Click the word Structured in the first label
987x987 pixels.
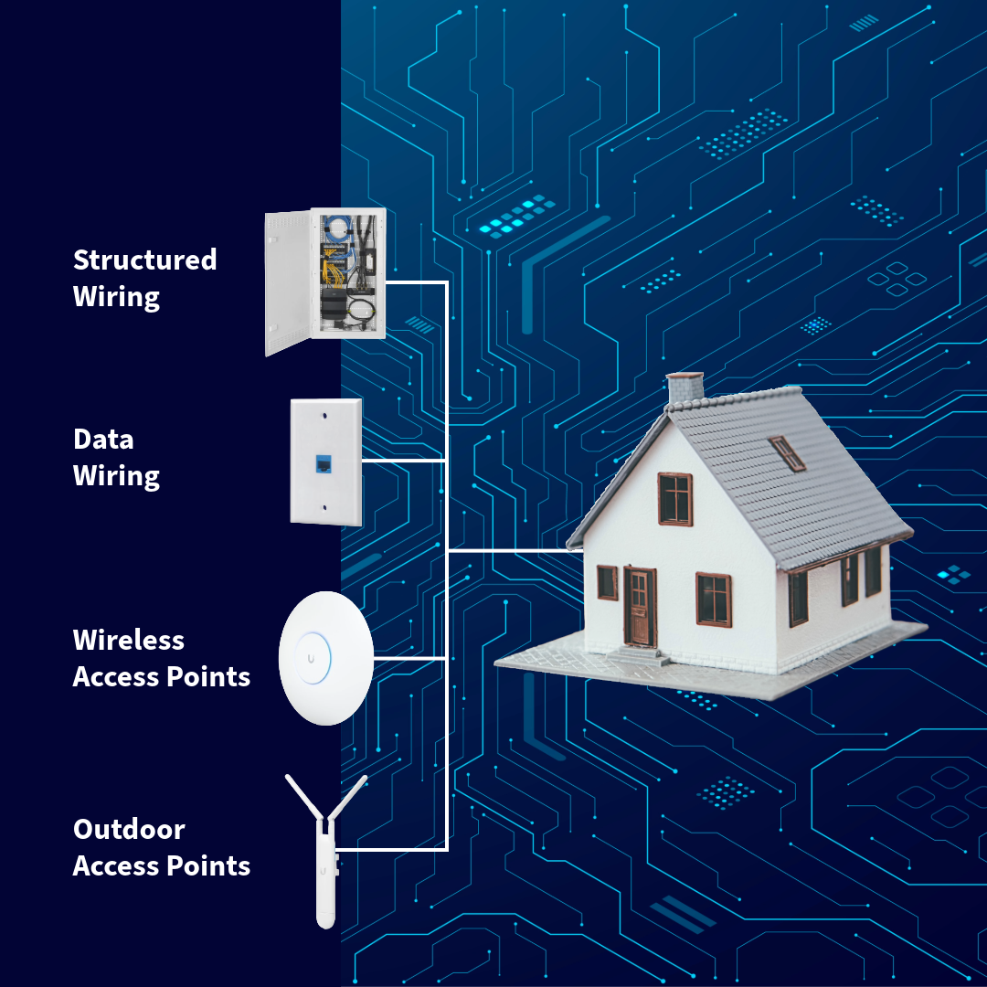pos(144,260)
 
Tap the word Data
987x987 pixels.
pos(103,439)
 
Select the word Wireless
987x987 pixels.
pos(128,640)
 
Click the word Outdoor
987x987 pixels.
pos(129,830)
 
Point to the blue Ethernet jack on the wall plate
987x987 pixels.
pos(325,463)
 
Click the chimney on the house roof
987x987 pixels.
pos(685,388)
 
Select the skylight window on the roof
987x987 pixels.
pos(786,452)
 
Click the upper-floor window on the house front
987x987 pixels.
pos(675,498)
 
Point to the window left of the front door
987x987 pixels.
pos(607,582)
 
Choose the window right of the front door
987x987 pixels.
pos(713,599)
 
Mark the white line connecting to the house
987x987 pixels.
pos(516,551)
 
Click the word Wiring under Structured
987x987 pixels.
pos(116,297)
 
